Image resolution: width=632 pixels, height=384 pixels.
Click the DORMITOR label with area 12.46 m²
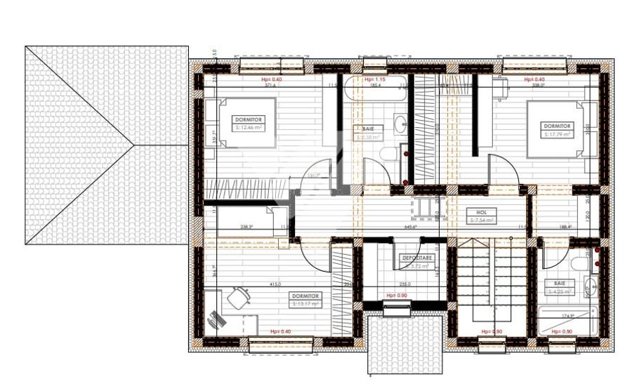(x=249, y=124)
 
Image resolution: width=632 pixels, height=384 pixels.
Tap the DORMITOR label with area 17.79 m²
(x=557, y=130)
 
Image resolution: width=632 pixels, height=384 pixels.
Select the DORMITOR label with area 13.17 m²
(x=305, y=300)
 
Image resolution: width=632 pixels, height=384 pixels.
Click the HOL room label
(x=481, y=216)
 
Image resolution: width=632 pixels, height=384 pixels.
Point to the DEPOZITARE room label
(x=416, y=261)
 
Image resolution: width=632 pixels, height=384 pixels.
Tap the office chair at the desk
(x=238, y=298)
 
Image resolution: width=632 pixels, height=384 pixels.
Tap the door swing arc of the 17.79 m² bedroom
(x=503, y=171)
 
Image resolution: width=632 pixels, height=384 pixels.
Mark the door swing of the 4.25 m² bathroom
(x=555, y=256)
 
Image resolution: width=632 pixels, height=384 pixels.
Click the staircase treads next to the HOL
(x=492, y=281)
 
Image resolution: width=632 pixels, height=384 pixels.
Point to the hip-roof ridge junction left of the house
(x=133, y=145)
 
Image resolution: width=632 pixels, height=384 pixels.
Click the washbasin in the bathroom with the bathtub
(x=400, y=125)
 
